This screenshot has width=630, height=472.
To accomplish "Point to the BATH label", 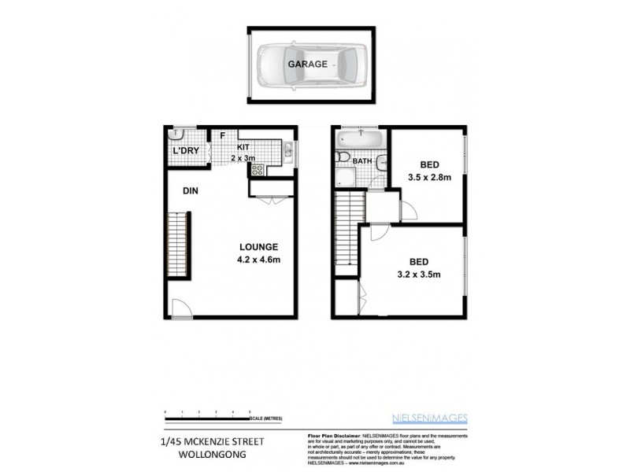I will tap(362, 161).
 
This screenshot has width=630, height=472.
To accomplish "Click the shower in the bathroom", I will tap(343, 178).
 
